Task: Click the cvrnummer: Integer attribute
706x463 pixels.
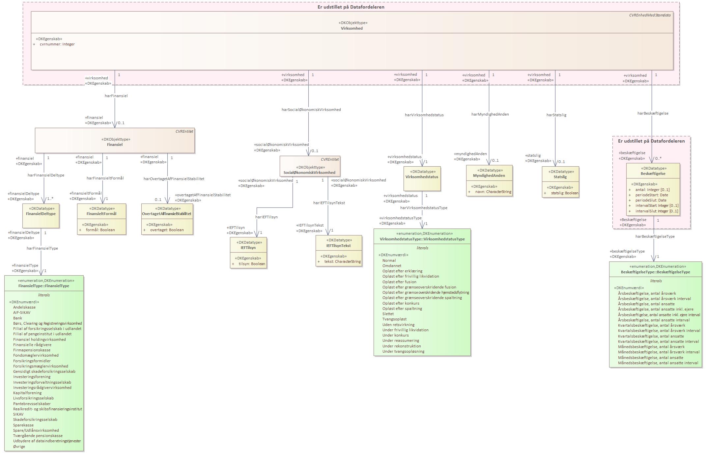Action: pos(57,44)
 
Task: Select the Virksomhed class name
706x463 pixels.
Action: pos(352,28)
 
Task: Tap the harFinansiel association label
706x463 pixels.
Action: pos(116,96)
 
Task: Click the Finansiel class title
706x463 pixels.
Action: pos(115,145)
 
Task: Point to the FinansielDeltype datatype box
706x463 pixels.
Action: pos(41,216)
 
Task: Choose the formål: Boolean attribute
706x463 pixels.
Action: pos(100,230)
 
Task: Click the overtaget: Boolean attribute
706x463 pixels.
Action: pos(167,230)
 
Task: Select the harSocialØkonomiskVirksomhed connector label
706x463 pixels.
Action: pos(311,110)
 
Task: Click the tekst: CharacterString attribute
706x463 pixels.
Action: pos(343,262)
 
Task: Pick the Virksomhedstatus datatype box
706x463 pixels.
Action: pos(422,178)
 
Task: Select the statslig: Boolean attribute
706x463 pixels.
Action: pos(565,193)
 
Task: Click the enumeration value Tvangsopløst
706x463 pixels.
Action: pos(394,319)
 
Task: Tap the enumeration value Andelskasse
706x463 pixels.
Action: pos(24,307)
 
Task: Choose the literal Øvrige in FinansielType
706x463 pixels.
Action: pos(19,447)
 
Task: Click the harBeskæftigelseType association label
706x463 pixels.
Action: pos(655,236)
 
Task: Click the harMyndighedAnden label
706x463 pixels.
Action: pos(490,114)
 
